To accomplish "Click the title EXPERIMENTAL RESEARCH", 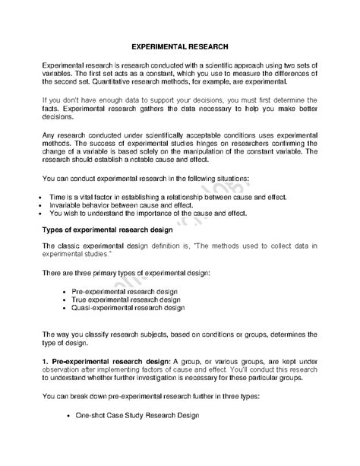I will point(180,46).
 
